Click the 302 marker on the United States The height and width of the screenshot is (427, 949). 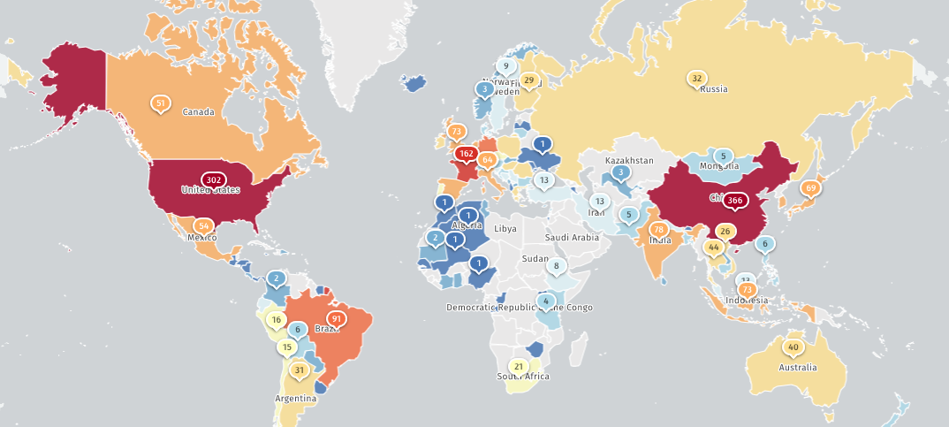(212, 179)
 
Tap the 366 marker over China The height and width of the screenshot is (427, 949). (735, 201)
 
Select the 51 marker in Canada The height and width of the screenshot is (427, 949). (160, 103)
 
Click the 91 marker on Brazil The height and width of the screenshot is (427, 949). (335, 318)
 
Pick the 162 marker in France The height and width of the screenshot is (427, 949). (466, 153)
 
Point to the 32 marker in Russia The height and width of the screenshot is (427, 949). (697, 79)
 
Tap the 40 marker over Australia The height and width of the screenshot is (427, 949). (793, 347)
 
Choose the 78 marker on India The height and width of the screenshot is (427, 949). (658, 230)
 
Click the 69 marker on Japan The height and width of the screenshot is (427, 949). (810, 188)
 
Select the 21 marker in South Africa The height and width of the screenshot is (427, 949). (519, 366)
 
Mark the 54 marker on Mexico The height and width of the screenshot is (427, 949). (203, 225)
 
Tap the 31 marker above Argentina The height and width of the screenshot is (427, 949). (300, 370)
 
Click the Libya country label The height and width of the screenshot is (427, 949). (505, 228)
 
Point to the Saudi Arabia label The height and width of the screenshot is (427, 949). (573, 237)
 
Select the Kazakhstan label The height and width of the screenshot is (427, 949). (629, 160)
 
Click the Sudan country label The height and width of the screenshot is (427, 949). (535, 258)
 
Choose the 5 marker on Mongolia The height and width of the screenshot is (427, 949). (724, 156)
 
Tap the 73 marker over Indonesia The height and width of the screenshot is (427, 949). (747, 289)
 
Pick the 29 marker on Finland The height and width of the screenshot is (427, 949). (528, 80)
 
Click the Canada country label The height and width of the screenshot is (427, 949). (199, 112)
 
